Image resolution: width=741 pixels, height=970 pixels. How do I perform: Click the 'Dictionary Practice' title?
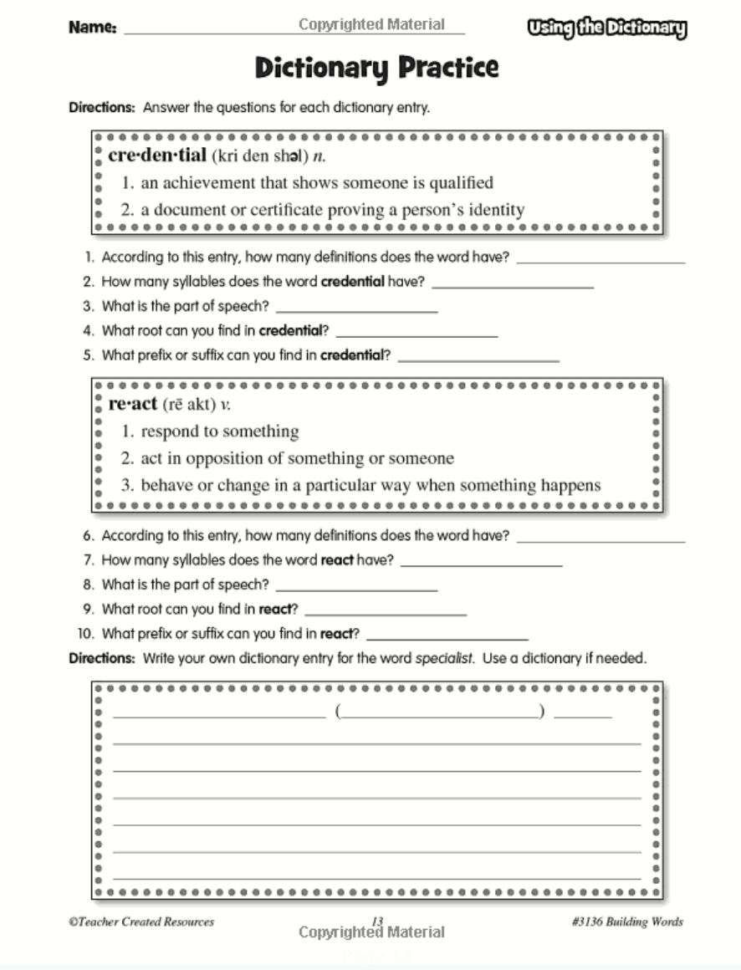(x=376, y=68)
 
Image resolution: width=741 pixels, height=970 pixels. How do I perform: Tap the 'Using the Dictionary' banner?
(x=606, y=28)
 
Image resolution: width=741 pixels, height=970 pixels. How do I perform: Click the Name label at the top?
(x=92, y=28)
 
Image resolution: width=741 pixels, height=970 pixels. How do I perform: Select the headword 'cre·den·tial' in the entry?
(x=156, y=156)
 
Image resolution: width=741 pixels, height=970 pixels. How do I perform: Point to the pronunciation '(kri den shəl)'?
(x=260, y=156)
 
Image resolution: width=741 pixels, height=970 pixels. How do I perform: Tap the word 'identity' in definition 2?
(x=485, y=210)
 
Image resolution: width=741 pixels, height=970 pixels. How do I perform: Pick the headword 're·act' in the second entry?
(x=133, y=404)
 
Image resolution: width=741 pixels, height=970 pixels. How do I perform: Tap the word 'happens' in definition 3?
(x=569, y=485)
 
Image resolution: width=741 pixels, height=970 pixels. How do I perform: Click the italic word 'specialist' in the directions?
(x=444, y=658)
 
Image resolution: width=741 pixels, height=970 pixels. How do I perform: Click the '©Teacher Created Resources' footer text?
(x=141, y=921)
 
